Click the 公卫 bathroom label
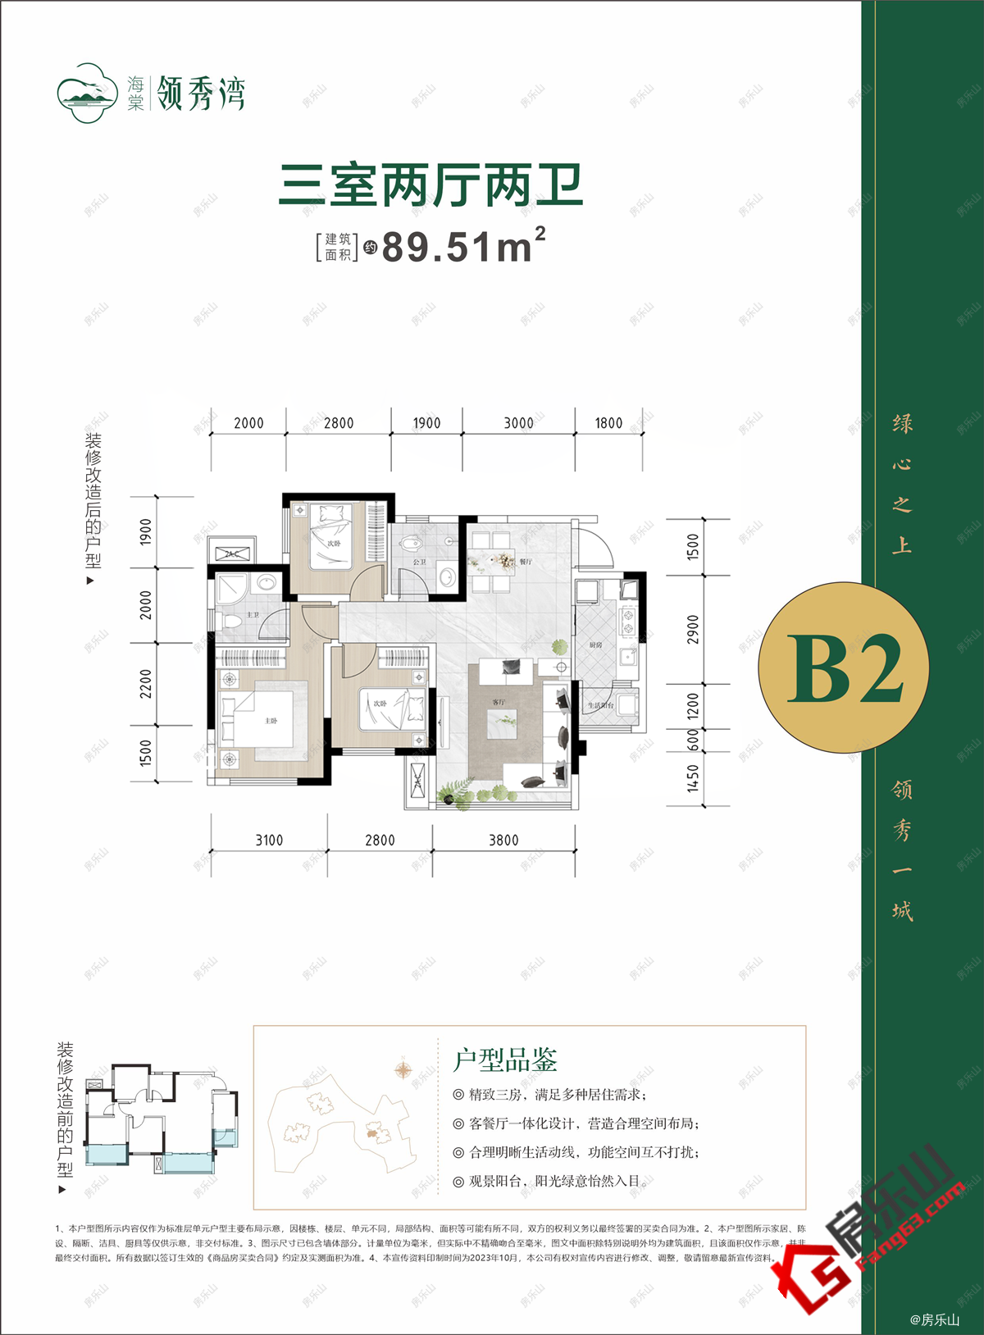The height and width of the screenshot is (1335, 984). pyautogui.click(x=420, y=562)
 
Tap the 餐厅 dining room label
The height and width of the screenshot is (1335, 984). pyautogui.click(x=526, y=562)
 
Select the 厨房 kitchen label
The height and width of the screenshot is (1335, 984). pyautogui.click(x=595, y=645)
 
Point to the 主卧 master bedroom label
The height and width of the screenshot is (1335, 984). pyautogui.click(x=271, y=721)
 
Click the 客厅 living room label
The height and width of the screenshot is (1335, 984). pyautogui.click(x=499, y=703)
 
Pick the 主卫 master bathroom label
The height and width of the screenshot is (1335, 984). pyautogui.click(x=253, y=615)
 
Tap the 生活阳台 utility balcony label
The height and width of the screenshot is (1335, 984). pyautogui.click(x=600, y=705)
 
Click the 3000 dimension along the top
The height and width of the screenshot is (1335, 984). pyautogui.click(x=518, y=423)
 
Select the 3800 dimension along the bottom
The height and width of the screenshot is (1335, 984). pyautogui.click(x=503, y=841)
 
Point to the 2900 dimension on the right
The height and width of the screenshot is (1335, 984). pyautogui.click(x=694, y=629)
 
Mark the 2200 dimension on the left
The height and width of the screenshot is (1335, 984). pyautogui.click(x=146, y=684)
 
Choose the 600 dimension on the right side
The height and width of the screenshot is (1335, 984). pyautogui.click(x=694, y=740)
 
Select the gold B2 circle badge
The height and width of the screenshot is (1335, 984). pyautogui.click(x=843, y=668)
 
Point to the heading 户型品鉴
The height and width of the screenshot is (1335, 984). pyautogui.click(x=505, y=1060)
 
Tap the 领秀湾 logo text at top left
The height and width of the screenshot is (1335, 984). pyautogui.click(x=201, y=93)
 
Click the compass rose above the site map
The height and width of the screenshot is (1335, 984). pyautogui.click(x=403, y=1070)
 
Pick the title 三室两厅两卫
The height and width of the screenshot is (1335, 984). pyautogui.click(x=431, y=185)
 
